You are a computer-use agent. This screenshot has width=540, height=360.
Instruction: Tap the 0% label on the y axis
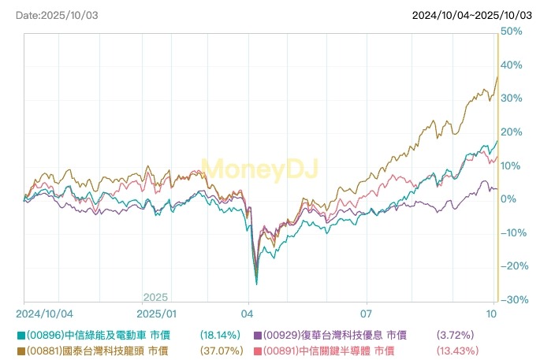tap(508, 199)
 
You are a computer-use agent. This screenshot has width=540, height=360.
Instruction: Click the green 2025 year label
tap(155, 298)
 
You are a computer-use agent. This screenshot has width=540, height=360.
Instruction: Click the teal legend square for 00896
tap(20, 335)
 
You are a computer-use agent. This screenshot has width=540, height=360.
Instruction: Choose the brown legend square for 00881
tap(20, 350)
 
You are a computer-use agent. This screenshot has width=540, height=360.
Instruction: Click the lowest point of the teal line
tap(256, 284)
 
